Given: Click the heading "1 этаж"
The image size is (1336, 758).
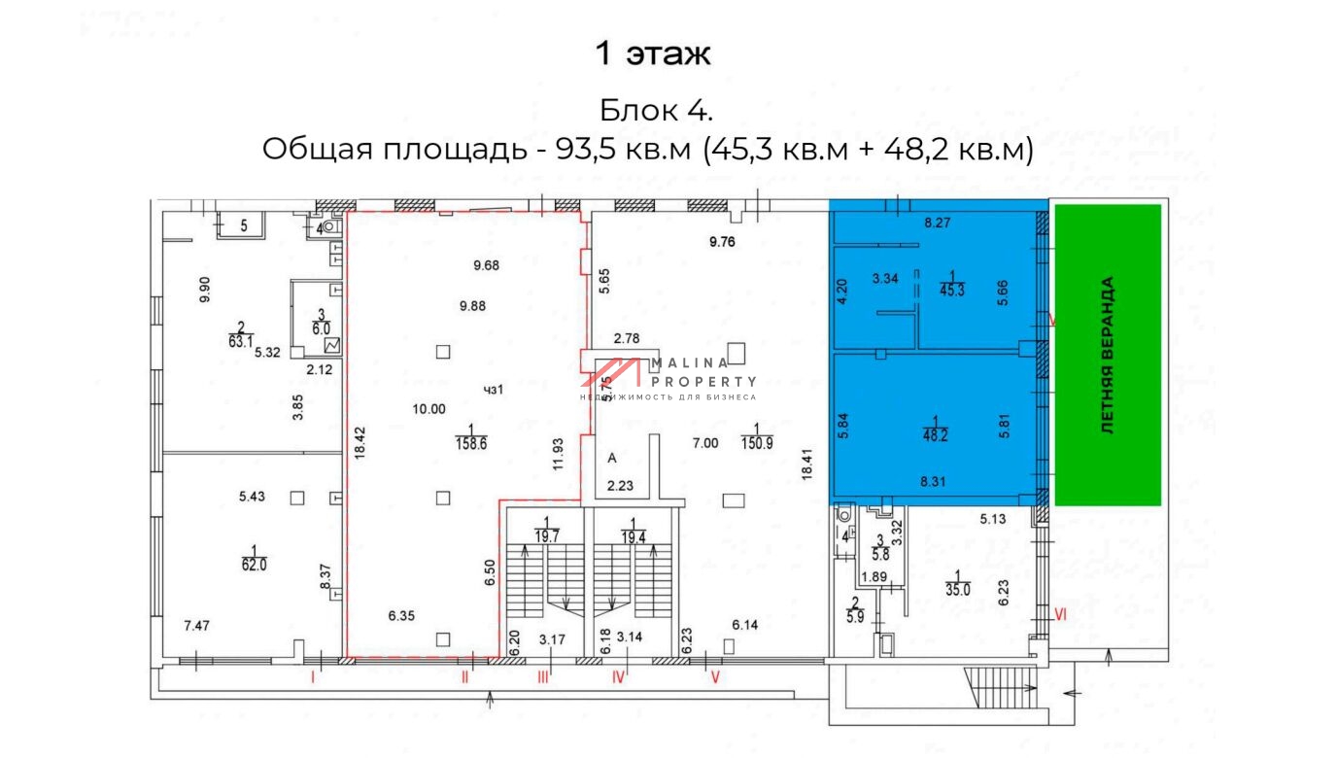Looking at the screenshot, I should tap(653, 53).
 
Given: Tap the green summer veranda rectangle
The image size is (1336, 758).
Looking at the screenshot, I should tap(1108, 355).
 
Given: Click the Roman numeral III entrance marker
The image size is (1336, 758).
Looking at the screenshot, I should tap(543, 678).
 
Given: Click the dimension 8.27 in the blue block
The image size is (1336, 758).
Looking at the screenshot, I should tap(938, 223).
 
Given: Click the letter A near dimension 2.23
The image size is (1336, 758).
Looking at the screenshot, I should tap(612, 457).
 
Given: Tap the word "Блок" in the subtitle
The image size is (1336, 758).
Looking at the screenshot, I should tap(636, 109).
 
